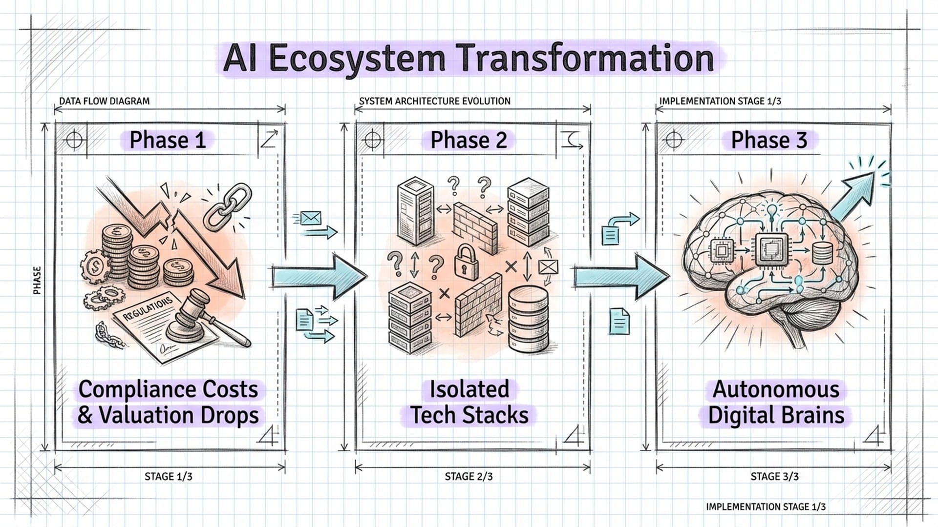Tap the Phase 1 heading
tap(167, 140)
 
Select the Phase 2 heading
tap(468, 140)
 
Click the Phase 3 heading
tap(768, 140)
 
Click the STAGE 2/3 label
tap(469, 476)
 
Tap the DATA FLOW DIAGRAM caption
tap(104, 101)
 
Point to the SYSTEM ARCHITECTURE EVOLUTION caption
tap(435, 101)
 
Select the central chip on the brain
tap(771, 250)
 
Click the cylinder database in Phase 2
tap(528, 320)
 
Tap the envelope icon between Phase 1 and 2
tap(311, 218)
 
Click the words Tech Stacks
tap(469, 415)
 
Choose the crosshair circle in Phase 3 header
tap(674, 140)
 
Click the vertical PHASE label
tap(37, 280)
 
